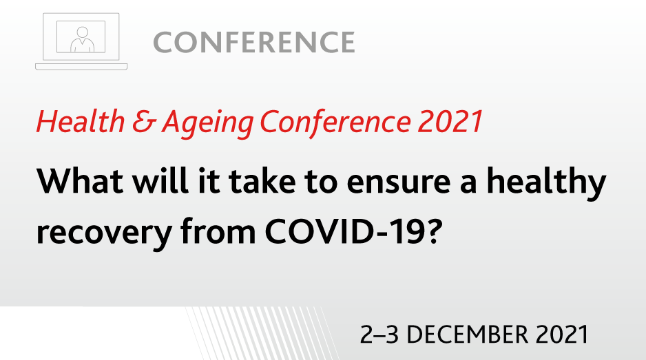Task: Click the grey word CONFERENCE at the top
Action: coord(253,42)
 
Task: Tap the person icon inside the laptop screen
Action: coord(83,39)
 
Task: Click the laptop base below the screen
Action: coord(81,67)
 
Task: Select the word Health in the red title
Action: coord(81,122)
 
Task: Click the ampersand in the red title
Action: coord(144,123)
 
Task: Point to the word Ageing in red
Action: coord(208,124)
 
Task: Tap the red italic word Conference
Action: coord(335,122)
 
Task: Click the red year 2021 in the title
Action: coord(450,122)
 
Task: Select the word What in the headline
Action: coord(80,180)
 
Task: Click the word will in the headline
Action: coord(160,180)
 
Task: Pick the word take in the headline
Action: coord(262,180)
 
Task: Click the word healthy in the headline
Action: coord(546,183)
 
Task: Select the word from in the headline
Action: coord(218,231)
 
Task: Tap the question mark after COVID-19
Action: coord(435,231)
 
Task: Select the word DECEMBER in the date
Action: coord(468,335)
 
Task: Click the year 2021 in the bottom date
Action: coord(563,335)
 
